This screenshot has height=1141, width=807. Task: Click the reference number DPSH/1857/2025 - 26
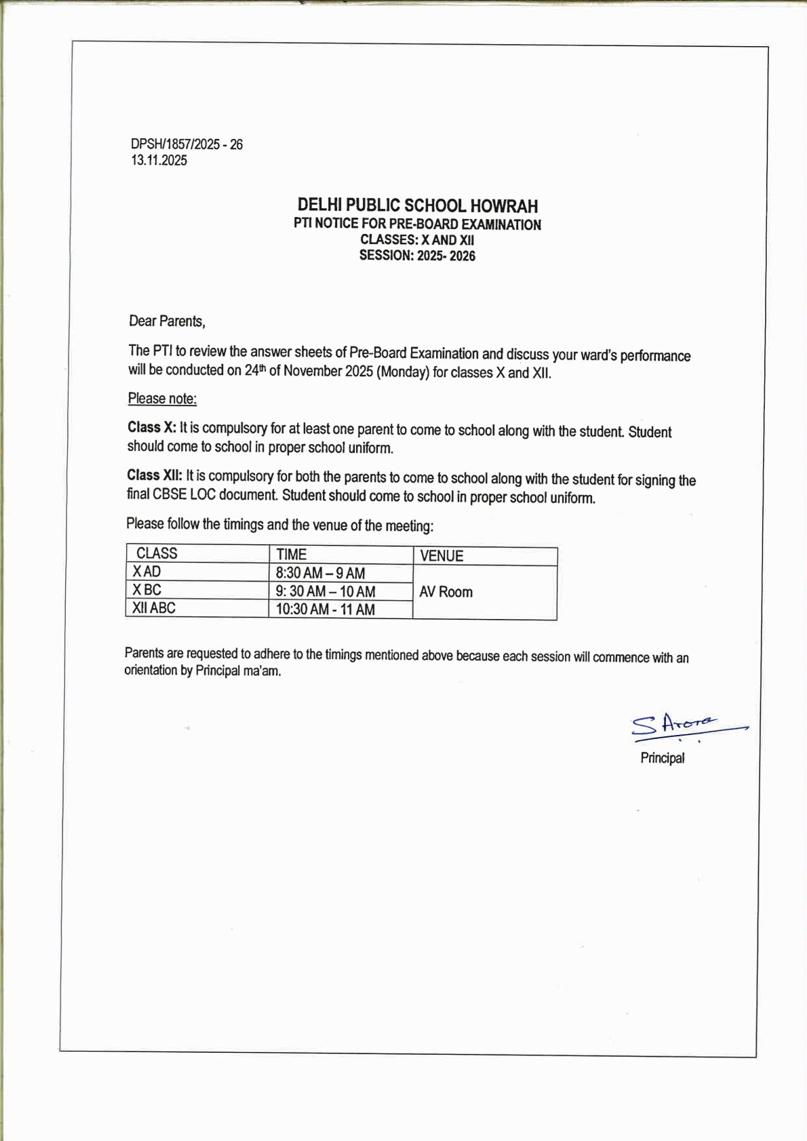186,144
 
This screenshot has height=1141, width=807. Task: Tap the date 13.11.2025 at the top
159,161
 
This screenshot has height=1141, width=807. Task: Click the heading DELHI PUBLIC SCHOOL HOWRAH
417,205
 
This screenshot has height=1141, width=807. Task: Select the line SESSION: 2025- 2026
417,256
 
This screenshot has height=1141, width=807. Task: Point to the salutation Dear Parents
167,321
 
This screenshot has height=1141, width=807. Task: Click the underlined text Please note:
162,399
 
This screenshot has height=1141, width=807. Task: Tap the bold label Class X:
152,428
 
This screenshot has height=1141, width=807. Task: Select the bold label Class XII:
155,475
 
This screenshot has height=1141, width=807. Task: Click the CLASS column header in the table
157,553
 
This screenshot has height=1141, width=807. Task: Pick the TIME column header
291,555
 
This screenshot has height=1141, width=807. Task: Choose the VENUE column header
441,556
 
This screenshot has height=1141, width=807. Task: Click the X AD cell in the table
147,572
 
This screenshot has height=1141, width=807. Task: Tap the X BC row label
147,590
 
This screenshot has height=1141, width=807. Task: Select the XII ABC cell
154,608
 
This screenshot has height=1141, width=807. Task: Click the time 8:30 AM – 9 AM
320,574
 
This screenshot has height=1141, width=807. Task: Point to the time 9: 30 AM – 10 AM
325,591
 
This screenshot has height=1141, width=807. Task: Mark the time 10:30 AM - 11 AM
325,609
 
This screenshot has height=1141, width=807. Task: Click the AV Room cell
446,592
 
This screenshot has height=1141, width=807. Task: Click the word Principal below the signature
663,758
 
